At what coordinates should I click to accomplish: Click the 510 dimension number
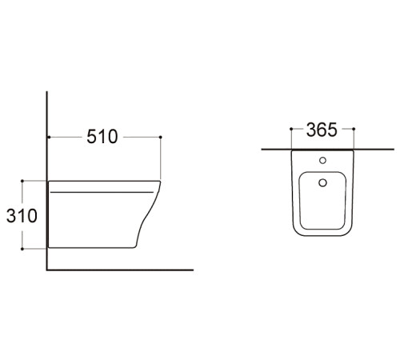click(x=102, y=137)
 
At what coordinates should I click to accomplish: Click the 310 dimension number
click(x=22, y=216)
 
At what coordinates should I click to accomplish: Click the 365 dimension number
click(x=322, y=130)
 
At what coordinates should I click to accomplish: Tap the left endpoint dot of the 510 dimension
click(x=49, y=137)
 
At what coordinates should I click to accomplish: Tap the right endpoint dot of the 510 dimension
click(x=160, y=137)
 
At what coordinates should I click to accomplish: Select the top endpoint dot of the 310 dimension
click(x=22, y=181)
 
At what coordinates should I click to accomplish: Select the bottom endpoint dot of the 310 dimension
click(x=22, y=249)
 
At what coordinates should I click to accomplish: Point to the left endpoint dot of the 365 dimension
click(x=291, y=129)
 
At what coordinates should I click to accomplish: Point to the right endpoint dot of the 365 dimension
click(x=354, y=129)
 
